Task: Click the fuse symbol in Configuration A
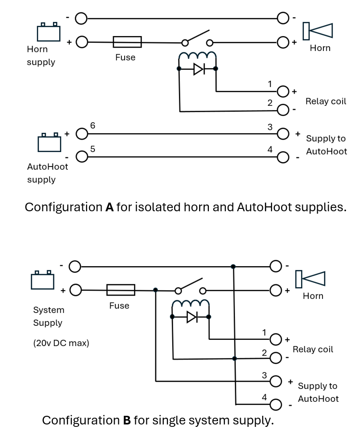coord(127,42)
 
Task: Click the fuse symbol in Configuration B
coord(120,290)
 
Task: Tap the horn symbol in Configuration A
coord(318,31)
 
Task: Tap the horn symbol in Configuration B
coord(310,279)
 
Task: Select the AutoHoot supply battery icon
coord(50,142)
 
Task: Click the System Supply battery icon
coord(42,280)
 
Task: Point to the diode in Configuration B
coord(192,317)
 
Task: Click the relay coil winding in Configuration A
coord(197,57)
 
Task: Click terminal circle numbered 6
coord(82,133)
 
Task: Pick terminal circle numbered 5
coord(82,156)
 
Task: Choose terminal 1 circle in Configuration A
coord(283,91)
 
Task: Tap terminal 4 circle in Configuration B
coord(276,404)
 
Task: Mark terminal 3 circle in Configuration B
coord(276,381)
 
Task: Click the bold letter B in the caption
coord(127,420)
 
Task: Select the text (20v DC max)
coord(61,344)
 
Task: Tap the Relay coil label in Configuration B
coord(312,349)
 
